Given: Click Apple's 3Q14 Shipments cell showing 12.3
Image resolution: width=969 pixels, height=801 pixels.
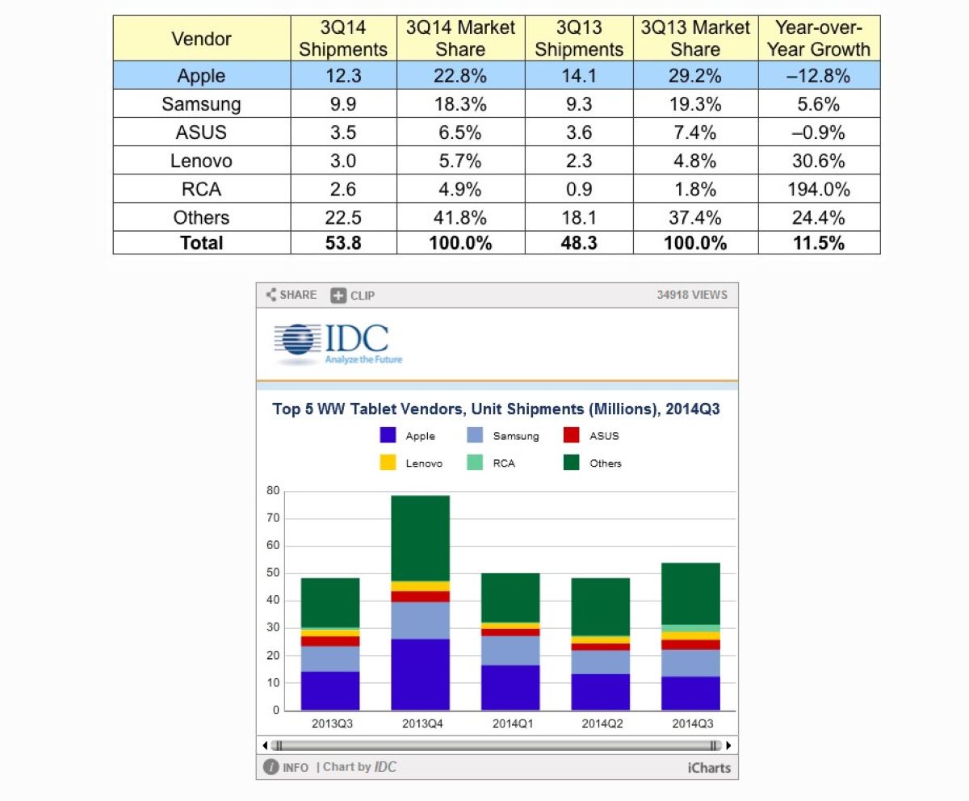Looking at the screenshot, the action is [343, 76].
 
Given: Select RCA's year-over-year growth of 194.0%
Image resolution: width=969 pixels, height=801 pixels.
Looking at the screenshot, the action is [819, 189].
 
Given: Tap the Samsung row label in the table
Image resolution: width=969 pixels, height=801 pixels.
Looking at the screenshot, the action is [201, 104].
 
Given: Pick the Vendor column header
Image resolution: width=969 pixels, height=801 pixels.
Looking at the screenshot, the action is [201, 39].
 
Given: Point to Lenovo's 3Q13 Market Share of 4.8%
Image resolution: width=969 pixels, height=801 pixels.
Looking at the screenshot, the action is [694, 161].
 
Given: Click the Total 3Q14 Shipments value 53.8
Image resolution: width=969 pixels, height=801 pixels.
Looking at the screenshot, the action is [343, 243].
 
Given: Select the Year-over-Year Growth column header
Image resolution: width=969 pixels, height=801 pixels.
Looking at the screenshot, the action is [819, 39].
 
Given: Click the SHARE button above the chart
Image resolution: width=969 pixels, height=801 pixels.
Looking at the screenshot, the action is [292, 295].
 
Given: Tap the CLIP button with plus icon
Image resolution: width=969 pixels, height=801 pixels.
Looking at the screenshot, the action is [353, 296].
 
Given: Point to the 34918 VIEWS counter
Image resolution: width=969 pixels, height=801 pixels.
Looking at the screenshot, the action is [692, 295].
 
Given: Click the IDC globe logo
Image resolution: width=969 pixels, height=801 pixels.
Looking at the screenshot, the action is [297, 340].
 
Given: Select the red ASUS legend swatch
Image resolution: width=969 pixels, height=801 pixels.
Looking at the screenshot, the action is [571, 435].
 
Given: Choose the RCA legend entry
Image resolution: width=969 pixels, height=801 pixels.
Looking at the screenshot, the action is [491, 463].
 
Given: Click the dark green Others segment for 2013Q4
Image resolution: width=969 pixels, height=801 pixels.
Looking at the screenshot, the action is [421, 539].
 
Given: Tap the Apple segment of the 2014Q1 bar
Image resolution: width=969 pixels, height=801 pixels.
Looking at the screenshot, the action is [510, 688].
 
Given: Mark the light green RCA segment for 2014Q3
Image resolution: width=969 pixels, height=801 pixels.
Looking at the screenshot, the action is [690, 628].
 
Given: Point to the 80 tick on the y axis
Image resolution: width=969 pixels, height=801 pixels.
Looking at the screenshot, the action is [273, 490].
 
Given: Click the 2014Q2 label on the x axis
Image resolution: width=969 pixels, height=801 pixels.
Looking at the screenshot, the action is [602, 723].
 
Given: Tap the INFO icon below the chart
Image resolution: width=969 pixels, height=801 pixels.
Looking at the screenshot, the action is [271, 767].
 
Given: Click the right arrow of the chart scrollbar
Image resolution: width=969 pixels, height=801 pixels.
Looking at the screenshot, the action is [728, 745].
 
